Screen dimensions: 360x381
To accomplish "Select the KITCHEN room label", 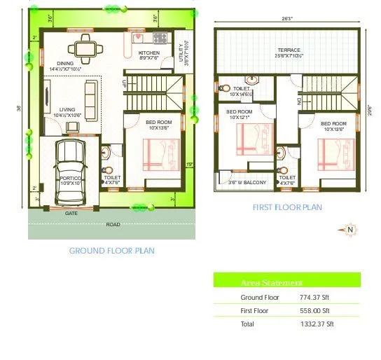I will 148,53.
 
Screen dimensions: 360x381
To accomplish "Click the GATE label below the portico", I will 71,212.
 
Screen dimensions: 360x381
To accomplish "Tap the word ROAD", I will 113,224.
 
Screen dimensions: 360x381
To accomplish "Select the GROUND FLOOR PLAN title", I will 112,250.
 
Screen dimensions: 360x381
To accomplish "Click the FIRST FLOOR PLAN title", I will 287,207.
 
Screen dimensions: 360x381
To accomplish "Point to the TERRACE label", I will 288,50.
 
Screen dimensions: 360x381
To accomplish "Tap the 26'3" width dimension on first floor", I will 287,20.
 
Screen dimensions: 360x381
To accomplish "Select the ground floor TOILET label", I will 112,177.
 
